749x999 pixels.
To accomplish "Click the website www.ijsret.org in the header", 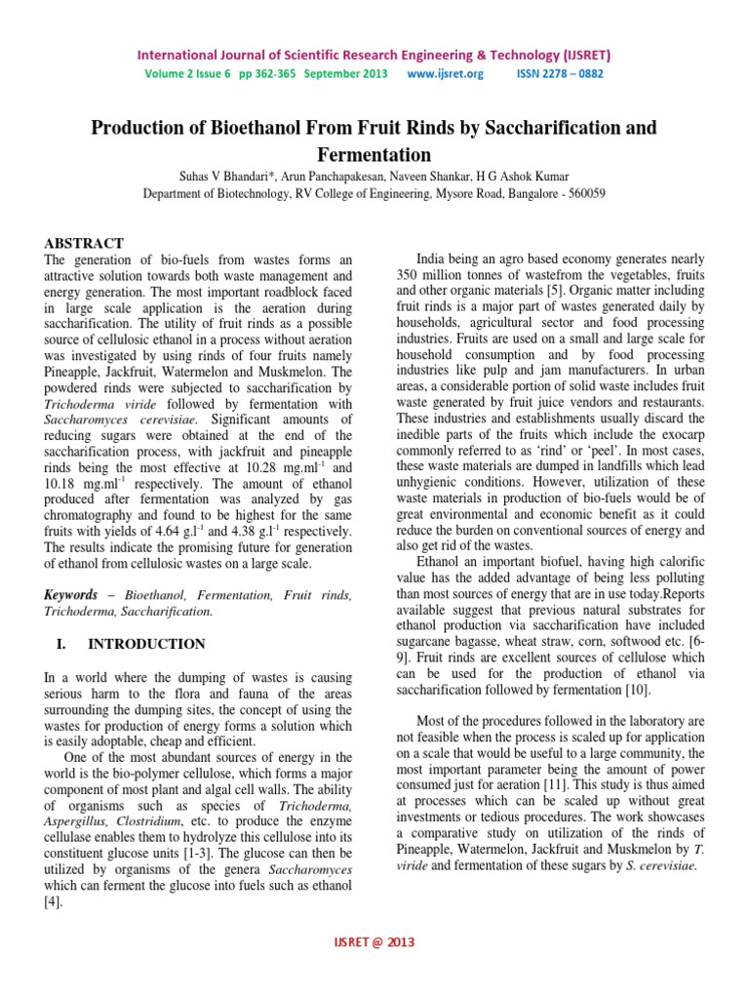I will pos(445,74).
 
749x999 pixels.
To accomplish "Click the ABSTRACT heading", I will pos(85,243).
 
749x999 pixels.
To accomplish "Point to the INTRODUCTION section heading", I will pos(146,644).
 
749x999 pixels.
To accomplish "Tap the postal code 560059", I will pos(583,193).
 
